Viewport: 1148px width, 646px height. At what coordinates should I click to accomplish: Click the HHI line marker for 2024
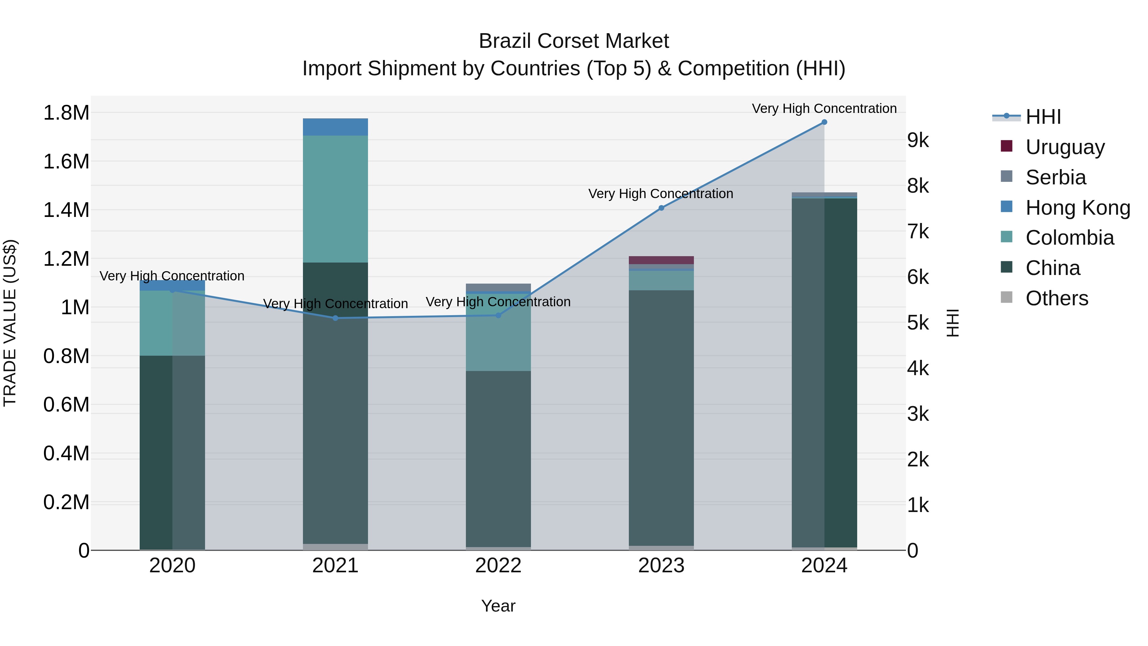pyautogui.click(x=824, y=122)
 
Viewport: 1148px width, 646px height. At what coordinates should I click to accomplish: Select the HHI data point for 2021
pyautogui.click(x=335, y=318)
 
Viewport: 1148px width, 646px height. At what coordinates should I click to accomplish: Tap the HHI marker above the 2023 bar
pyautogui.click(x=661, y=208)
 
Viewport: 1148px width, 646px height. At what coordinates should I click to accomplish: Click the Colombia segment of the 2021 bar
pyautogui.click(x=335, y=199)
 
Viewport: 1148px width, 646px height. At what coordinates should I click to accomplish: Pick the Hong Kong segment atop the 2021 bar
pyautogui.click(x=335, y=127)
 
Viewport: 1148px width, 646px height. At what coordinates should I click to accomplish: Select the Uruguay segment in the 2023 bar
pyautogui.click(x=661, y=260)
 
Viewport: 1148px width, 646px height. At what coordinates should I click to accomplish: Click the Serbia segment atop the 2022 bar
pyautogui.click(x=498, y=287)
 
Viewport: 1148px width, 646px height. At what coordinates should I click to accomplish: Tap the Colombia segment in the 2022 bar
pyautogui.click(x=498, y=332)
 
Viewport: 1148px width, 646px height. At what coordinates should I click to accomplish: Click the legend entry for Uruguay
pyautogui.click(x=1065, y=147)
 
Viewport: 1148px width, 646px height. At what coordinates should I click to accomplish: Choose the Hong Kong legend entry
pyautogui.click(x=1077, y=208)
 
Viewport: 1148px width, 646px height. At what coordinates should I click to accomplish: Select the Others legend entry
pyautogui.click(x=1056, y=298)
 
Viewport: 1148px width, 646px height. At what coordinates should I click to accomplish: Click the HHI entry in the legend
pyautogui.click(x=1043, y=117)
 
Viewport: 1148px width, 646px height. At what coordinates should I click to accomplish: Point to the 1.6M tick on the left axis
pyautogui.click(x=66, y=161)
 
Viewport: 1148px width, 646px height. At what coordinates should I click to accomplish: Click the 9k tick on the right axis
pyautogui.click(x=918, y=140)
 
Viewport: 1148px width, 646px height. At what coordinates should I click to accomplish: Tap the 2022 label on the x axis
pyautogui.click(x=498, y=566)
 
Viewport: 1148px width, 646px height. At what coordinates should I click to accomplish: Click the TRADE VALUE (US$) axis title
pyautogui.click(x=10, y=323)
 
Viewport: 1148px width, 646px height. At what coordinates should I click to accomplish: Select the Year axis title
pyautogui.click(x=498, y=606)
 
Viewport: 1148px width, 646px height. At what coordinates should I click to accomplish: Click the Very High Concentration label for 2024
pyautogui.click(x=824, y=108)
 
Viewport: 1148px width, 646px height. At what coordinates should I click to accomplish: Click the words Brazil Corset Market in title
pyautogui.click(x=574, y=41)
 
